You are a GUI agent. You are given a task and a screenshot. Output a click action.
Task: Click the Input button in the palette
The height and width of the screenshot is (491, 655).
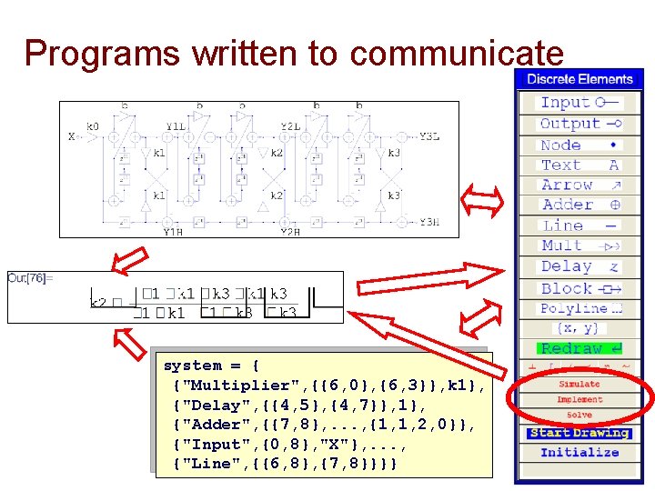click(x=579, y=103)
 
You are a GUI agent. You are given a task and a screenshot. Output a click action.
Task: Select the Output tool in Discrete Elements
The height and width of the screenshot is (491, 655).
click(x=579, y=124)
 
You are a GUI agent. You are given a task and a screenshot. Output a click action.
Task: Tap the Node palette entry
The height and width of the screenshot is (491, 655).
click(x=579, y=145)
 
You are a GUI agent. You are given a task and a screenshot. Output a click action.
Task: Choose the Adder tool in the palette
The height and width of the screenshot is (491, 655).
click(x=579, y=205)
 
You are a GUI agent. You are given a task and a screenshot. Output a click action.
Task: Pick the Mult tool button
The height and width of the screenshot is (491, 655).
click(x=579, y=245)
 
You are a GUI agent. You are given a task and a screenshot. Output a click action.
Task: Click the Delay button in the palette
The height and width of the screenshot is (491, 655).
click(x=579, y=266)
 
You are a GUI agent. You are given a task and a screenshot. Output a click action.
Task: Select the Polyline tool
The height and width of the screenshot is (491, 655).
click(x=579, y=308)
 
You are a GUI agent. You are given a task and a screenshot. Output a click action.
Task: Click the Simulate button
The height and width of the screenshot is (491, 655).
click(x=579, y=385)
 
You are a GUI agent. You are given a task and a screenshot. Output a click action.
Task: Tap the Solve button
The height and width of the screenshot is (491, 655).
click(x=579, y=416)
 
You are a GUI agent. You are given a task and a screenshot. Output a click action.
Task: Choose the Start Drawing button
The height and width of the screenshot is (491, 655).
click(x=579, y=433)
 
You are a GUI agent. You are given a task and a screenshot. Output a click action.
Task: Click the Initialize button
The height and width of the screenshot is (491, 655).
click(x=579, y=453)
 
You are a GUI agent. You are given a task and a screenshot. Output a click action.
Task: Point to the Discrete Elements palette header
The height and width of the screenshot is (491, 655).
click(x=579, y=79)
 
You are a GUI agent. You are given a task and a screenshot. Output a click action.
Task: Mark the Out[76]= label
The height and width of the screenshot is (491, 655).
click(x=30, y=277)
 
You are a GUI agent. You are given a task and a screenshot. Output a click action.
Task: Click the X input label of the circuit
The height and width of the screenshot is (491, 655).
click(x=71, y=137)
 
